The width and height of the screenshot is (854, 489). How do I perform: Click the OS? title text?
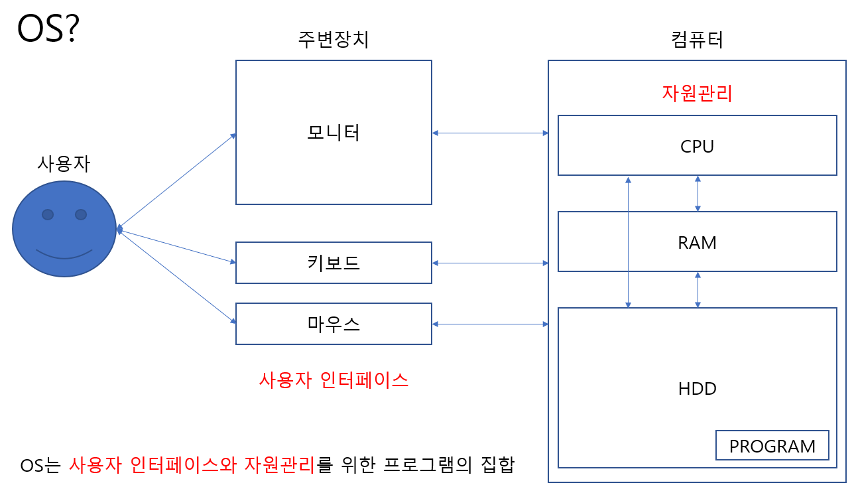pyautogui.click(x=48, y=29)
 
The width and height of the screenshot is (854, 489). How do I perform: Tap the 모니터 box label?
pyautogui.click(x=334, y=133)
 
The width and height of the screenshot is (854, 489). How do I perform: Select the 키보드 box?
pyautogui.click(x=334, y=263)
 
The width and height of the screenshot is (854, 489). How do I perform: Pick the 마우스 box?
pyautogui.click(x=334, y=324)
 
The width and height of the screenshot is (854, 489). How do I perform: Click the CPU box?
pyautogui.click(x=697, y=146)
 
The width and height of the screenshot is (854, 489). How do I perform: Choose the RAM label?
pyautogui.click(x=697, y=243)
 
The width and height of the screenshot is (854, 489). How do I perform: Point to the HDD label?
pyautogui.click(x=697, y=388)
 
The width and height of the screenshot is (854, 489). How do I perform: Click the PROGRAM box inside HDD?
pyautogui.click(x=772, y=446)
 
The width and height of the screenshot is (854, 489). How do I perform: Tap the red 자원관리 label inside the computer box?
pyautogui.click(x=697, y=93)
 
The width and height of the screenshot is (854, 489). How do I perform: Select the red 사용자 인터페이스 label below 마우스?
pyautogui.click(x=334, y=380)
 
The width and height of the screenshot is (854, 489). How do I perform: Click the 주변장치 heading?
pyautogui.click(x=334, y=40)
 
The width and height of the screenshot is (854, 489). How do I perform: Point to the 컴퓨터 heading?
pyautogui.click(x=697, y=40)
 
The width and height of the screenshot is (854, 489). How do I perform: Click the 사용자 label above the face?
pyautogui.click(x=64, y=163)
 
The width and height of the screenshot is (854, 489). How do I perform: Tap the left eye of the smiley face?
pyautogui.click(x=48, y=214)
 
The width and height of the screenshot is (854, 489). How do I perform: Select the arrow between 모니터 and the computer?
pyautogui.click(x=490, y=133)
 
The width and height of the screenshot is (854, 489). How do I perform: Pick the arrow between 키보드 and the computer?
pyautogui.click(x=490, y=263)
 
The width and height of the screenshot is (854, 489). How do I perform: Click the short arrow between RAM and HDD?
pyautogui.click(x=698, y=289)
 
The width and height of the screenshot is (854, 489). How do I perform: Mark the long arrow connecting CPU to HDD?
pyautogui.click(x=628, y=242)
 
